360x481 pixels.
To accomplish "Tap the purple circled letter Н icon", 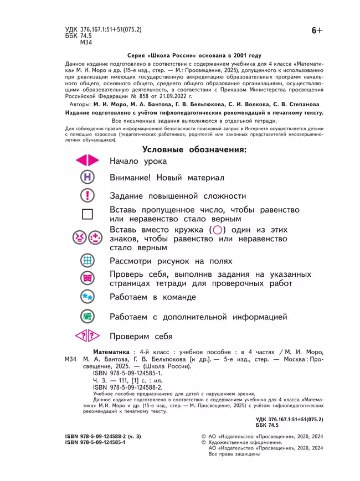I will point(87,178).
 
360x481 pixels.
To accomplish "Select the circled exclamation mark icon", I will point(87,195).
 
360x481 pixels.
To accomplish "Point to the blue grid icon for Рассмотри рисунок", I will point(87,261).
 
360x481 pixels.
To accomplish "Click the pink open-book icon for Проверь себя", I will point(87,278).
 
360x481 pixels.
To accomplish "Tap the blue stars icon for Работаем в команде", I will point(87,297).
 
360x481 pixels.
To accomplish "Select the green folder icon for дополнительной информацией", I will point(87,317).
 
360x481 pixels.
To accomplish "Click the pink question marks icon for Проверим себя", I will point(87,336).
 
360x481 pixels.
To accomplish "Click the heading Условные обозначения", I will point(194,149).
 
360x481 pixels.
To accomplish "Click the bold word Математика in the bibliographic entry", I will point(111,352).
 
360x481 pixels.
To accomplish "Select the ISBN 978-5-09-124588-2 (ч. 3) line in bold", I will point(103,437).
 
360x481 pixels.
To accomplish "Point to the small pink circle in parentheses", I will point(218,230).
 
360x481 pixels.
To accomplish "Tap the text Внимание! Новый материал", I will point(167,178).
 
